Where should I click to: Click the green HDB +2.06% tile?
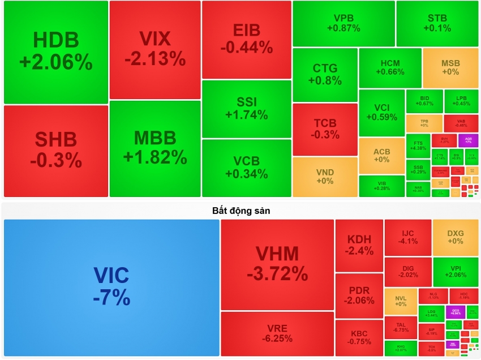[55, 52]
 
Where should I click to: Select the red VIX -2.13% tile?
[154, 49]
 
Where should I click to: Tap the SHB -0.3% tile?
[55, 151]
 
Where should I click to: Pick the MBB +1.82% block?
[154, 148]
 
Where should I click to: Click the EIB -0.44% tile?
[246, 39]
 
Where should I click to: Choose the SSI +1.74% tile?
[246, 109]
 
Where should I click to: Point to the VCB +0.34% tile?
[246, 168]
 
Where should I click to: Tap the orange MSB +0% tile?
[450, 67]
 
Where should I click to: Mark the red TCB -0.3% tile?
[325, 128]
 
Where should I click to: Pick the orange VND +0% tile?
[325, 177]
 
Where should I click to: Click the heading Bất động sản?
[241, 211]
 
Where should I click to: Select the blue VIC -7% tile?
[111, 288]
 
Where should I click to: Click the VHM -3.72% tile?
[277, 264]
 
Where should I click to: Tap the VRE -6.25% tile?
[277, 333]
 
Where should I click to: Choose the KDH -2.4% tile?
[359, 245]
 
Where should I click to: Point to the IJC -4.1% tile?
[407, 237]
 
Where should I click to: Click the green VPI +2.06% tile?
[456, 272]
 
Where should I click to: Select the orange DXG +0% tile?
[456, 237]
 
